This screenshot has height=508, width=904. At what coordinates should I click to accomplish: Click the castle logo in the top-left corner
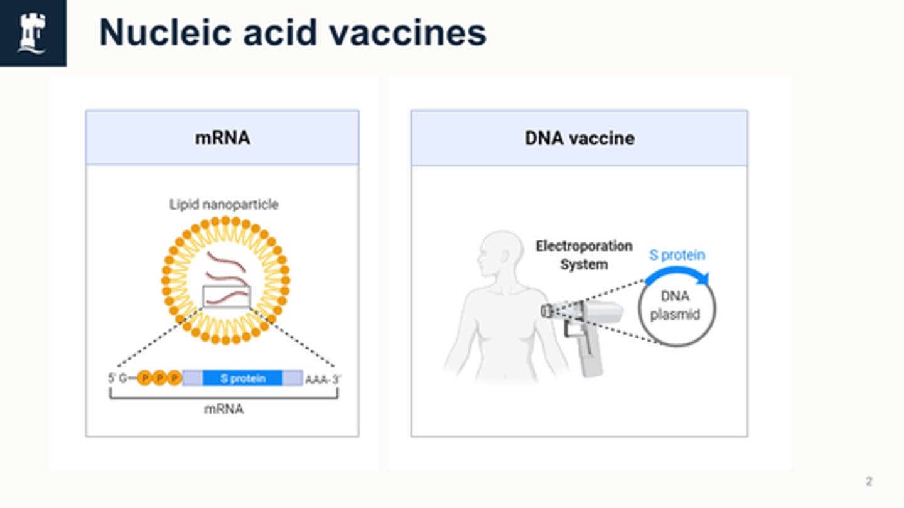pyautogui.click(x=32, y=33)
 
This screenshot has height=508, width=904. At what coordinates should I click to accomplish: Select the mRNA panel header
pyautogui.click(x=222, y=138)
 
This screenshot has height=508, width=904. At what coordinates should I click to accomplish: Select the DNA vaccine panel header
pyautogui.click(x=579, y=138)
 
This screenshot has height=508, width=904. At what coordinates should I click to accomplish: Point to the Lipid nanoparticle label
pyautogui.click(x=223, y=205)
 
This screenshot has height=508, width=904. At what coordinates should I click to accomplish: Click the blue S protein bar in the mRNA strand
pyautogui.click(x=242, y=378)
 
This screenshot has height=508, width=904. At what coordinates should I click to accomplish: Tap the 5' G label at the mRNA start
pyautogui.click(x=117, y=379)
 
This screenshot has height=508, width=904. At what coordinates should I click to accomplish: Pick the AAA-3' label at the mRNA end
pyautogui.click(x=323, y=379)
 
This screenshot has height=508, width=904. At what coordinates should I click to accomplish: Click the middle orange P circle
pyautogui.click(x=159, y=378)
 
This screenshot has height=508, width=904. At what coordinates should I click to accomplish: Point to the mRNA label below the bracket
pyautogui.click(x=223, y=409)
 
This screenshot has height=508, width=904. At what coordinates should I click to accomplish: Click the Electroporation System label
pyautogui.click(x=584, y=255)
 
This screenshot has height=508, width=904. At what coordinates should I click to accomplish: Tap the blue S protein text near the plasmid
pyautogui.click(x=677, y=255)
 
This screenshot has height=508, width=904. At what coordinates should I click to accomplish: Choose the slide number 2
pyautogui.click(x=869, y=482)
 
